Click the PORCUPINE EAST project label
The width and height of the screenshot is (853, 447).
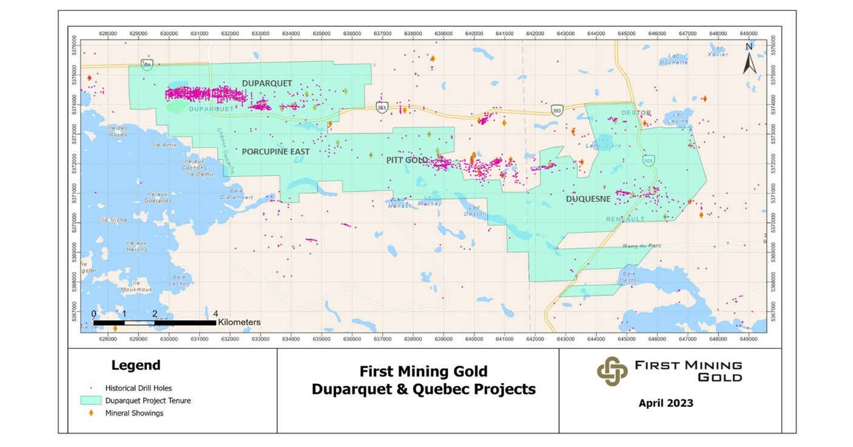click(275, 152)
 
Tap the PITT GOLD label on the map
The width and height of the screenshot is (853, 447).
click(407, 160)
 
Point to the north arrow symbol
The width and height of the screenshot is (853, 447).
click(749, 58)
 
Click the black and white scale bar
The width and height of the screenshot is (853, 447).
click(155, 323)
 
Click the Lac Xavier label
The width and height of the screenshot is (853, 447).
click(718, 52)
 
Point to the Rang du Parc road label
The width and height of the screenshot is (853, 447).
click(642, 246)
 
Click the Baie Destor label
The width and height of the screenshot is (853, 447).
click(629, 277)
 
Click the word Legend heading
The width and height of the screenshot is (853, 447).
click(136, 365)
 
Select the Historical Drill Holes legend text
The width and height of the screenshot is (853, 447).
click(138, 388)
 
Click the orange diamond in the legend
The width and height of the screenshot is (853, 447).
click(92, 413)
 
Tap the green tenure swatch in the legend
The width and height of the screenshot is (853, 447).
click(91, 401)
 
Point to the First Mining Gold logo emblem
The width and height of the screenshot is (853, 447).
click(612, 371)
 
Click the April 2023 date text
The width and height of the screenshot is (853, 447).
click(666, 403)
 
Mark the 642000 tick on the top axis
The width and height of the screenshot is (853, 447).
click(534, 33)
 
